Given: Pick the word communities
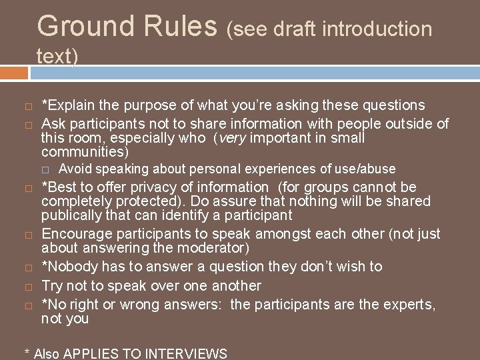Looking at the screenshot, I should pyautogui.click(x=81, y=151).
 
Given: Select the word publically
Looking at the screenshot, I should pyautogui.click(x=72, y=215).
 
